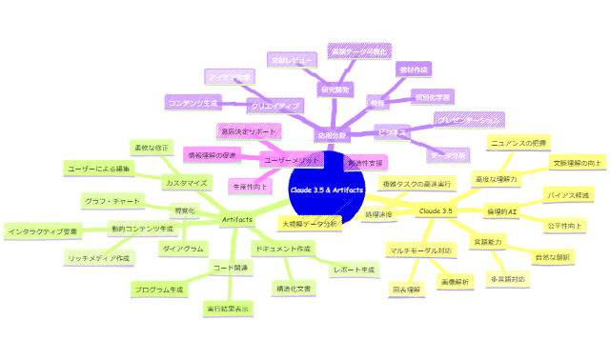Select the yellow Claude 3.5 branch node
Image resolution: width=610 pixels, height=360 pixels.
tap(435, 210)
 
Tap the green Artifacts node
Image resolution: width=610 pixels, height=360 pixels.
tap(236, 220)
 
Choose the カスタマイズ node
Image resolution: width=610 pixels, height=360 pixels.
tap(187, 182)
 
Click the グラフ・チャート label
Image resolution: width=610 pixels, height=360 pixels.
tap(112, 201)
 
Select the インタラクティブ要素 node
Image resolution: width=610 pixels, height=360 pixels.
tap(44, 230)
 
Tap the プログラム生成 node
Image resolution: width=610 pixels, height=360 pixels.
tap(159, 288)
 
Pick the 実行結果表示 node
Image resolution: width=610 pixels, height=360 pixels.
tap(229, 309)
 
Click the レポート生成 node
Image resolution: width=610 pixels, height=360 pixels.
tap(353, 270)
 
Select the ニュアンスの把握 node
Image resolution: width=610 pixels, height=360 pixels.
tap(517, 142)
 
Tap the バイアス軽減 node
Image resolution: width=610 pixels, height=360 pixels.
tap(568, 194)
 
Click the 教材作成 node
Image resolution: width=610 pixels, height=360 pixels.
tap(413, 69)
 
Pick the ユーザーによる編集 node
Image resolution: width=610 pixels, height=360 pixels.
tap(100, 168)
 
